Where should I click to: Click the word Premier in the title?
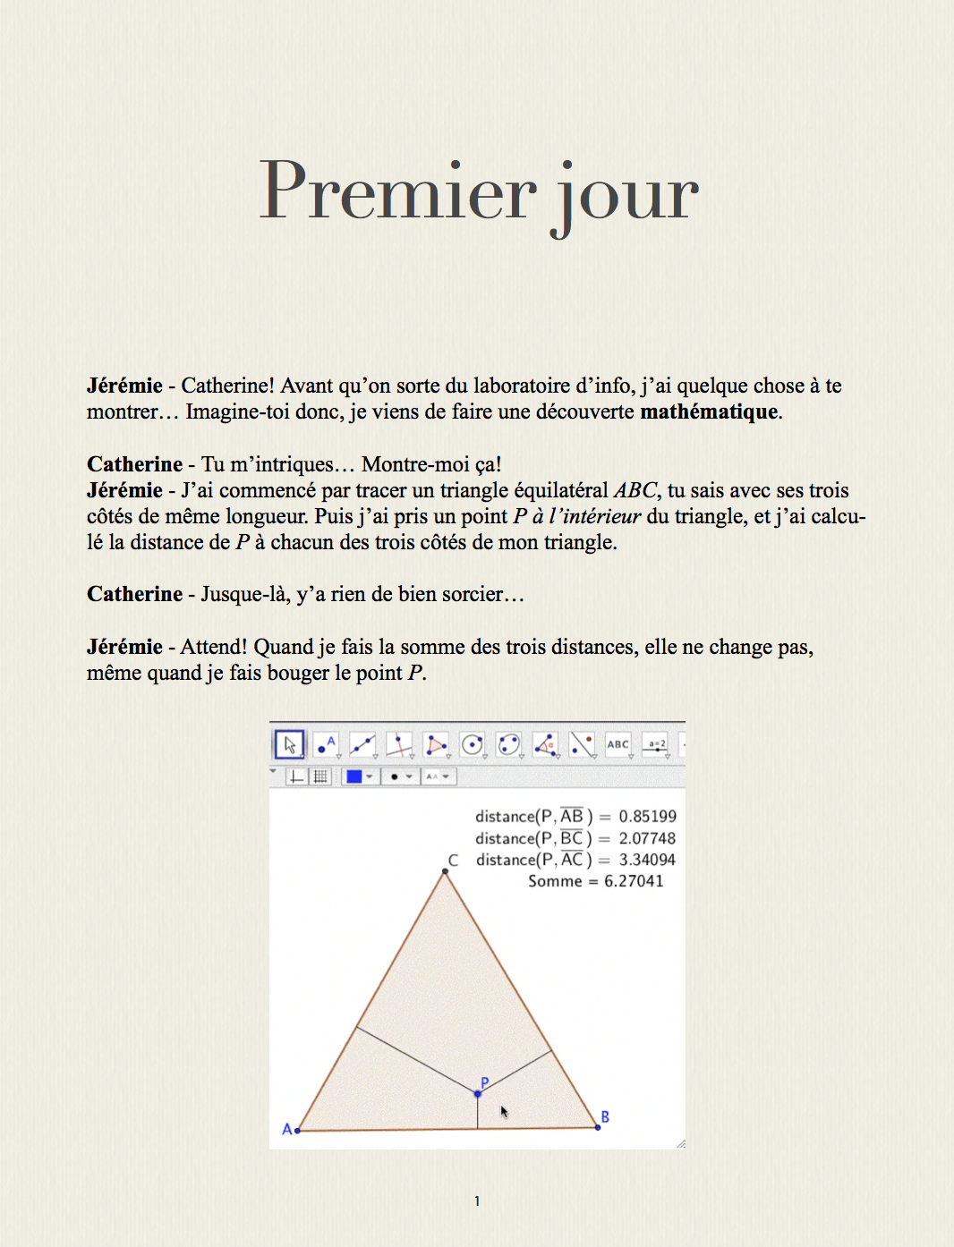397,191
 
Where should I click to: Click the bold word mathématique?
709,411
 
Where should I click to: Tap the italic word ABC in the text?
635,490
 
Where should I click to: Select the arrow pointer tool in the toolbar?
289,744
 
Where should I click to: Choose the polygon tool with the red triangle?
436,744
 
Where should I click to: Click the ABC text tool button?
618,744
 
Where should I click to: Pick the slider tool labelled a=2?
656,744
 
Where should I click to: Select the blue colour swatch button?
354,776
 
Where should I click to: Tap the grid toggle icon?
319,776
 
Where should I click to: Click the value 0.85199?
647,816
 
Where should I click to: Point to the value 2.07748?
647,838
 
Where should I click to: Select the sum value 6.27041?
634,881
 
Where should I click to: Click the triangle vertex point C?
445,871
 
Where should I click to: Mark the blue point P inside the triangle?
478,1093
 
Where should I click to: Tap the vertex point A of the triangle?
297,1131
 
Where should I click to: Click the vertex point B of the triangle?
598,1127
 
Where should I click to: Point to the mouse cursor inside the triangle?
504,1111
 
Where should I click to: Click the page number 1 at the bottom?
477,1201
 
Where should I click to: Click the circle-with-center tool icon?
472,744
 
